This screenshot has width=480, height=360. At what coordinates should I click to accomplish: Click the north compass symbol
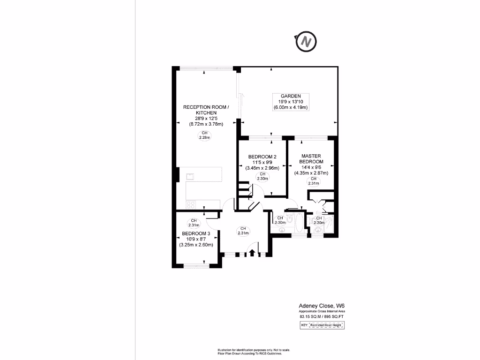pyautogui.click(x=307, y=42)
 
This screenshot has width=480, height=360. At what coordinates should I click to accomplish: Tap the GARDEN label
pyautogui.click(x=291, y=96)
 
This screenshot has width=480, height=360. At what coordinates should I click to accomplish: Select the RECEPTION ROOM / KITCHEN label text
pyautogui.click(x=206, y=110)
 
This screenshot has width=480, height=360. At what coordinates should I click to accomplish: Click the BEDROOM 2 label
pyautogui.click(x=262, y=156)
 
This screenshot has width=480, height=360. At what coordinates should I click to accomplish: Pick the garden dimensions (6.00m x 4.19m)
pyautogui.click(x=291, y=107)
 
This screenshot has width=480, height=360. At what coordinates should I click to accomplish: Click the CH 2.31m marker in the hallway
pyautogui.click(x=243, y=231)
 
